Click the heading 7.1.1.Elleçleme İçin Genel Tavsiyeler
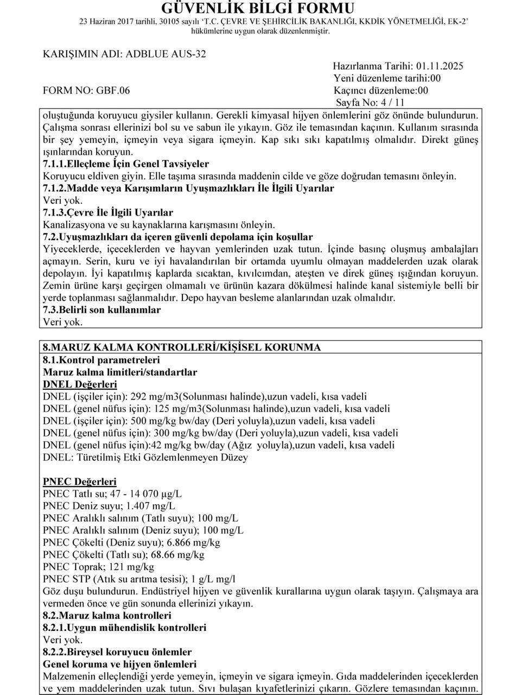(125, 163)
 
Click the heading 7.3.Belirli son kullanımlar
(101, 309)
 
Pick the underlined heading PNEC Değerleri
(79, 482)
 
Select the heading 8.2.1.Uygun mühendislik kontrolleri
(124, 628)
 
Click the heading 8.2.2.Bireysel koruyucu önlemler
(117, 652)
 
